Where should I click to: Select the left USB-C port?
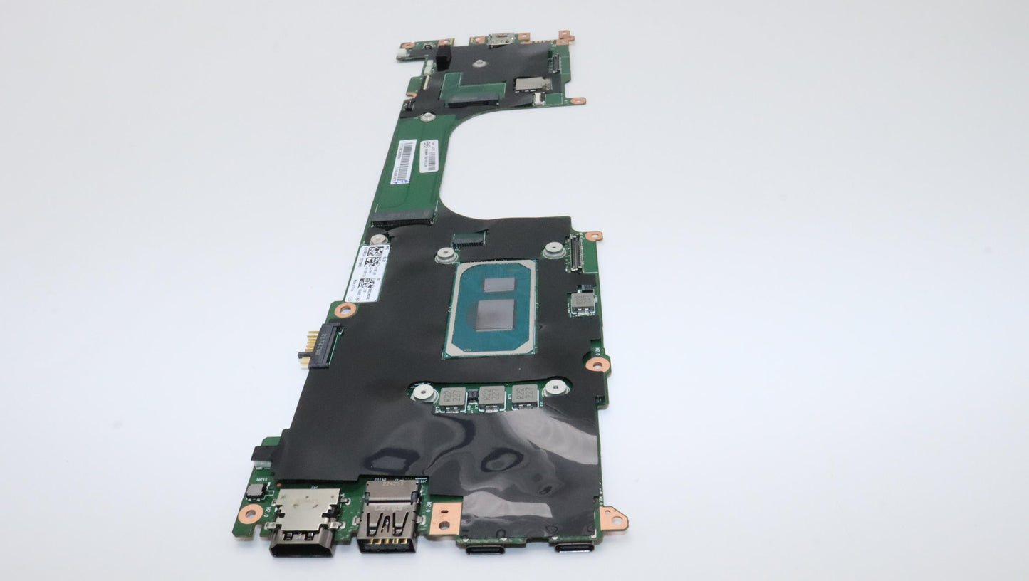[x=486, y=548]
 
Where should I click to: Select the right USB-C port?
[x=575, y=546]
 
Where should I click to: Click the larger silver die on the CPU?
[x=496, y=315]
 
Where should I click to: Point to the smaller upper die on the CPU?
[x=498, y=285]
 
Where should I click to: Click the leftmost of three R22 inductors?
[x=452, y=397]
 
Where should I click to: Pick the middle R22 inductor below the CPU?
[x=491, y=395]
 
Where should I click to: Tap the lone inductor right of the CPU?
[x=583, y=302]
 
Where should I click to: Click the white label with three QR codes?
[x=369, y=273]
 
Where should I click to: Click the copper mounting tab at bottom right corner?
[x=612, y=518]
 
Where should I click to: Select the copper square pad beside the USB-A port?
[x=445, y=518]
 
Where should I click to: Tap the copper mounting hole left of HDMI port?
[x=249, y=513]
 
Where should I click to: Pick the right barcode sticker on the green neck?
[x=428, y=155]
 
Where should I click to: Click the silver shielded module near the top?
[x=532, y=84]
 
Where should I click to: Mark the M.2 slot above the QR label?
[x=402, y=216]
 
